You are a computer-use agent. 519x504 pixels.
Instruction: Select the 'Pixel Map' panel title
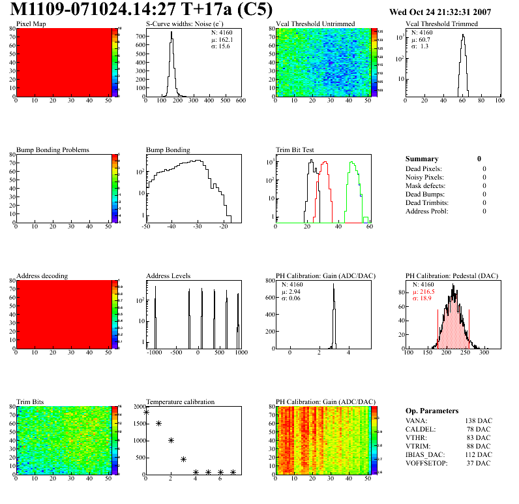coord(31,24)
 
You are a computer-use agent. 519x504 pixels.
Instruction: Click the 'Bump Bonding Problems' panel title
coord(52,150)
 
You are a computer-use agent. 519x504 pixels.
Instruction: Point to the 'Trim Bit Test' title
coord(295,150)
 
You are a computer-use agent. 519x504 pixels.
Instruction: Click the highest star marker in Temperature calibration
coord(146,412)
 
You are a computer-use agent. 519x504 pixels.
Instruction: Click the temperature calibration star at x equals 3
coord(183,459)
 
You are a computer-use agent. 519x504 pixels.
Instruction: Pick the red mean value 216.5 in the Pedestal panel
coord(424,291)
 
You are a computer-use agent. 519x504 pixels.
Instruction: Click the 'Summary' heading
coord(422,159)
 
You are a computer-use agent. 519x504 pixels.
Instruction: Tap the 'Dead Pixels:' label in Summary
coord(424,169)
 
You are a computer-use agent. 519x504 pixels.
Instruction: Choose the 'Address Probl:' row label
coord(426,211)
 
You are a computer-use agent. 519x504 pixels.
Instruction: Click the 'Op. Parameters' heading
coord(432,411)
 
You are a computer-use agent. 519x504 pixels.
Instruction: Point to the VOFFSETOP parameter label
coord(428,462)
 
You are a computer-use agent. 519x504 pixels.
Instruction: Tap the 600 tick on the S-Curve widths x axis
coord(240,101)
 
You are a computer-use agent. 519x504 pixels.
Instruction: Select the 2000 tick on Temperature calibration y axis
coord(138,406)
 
